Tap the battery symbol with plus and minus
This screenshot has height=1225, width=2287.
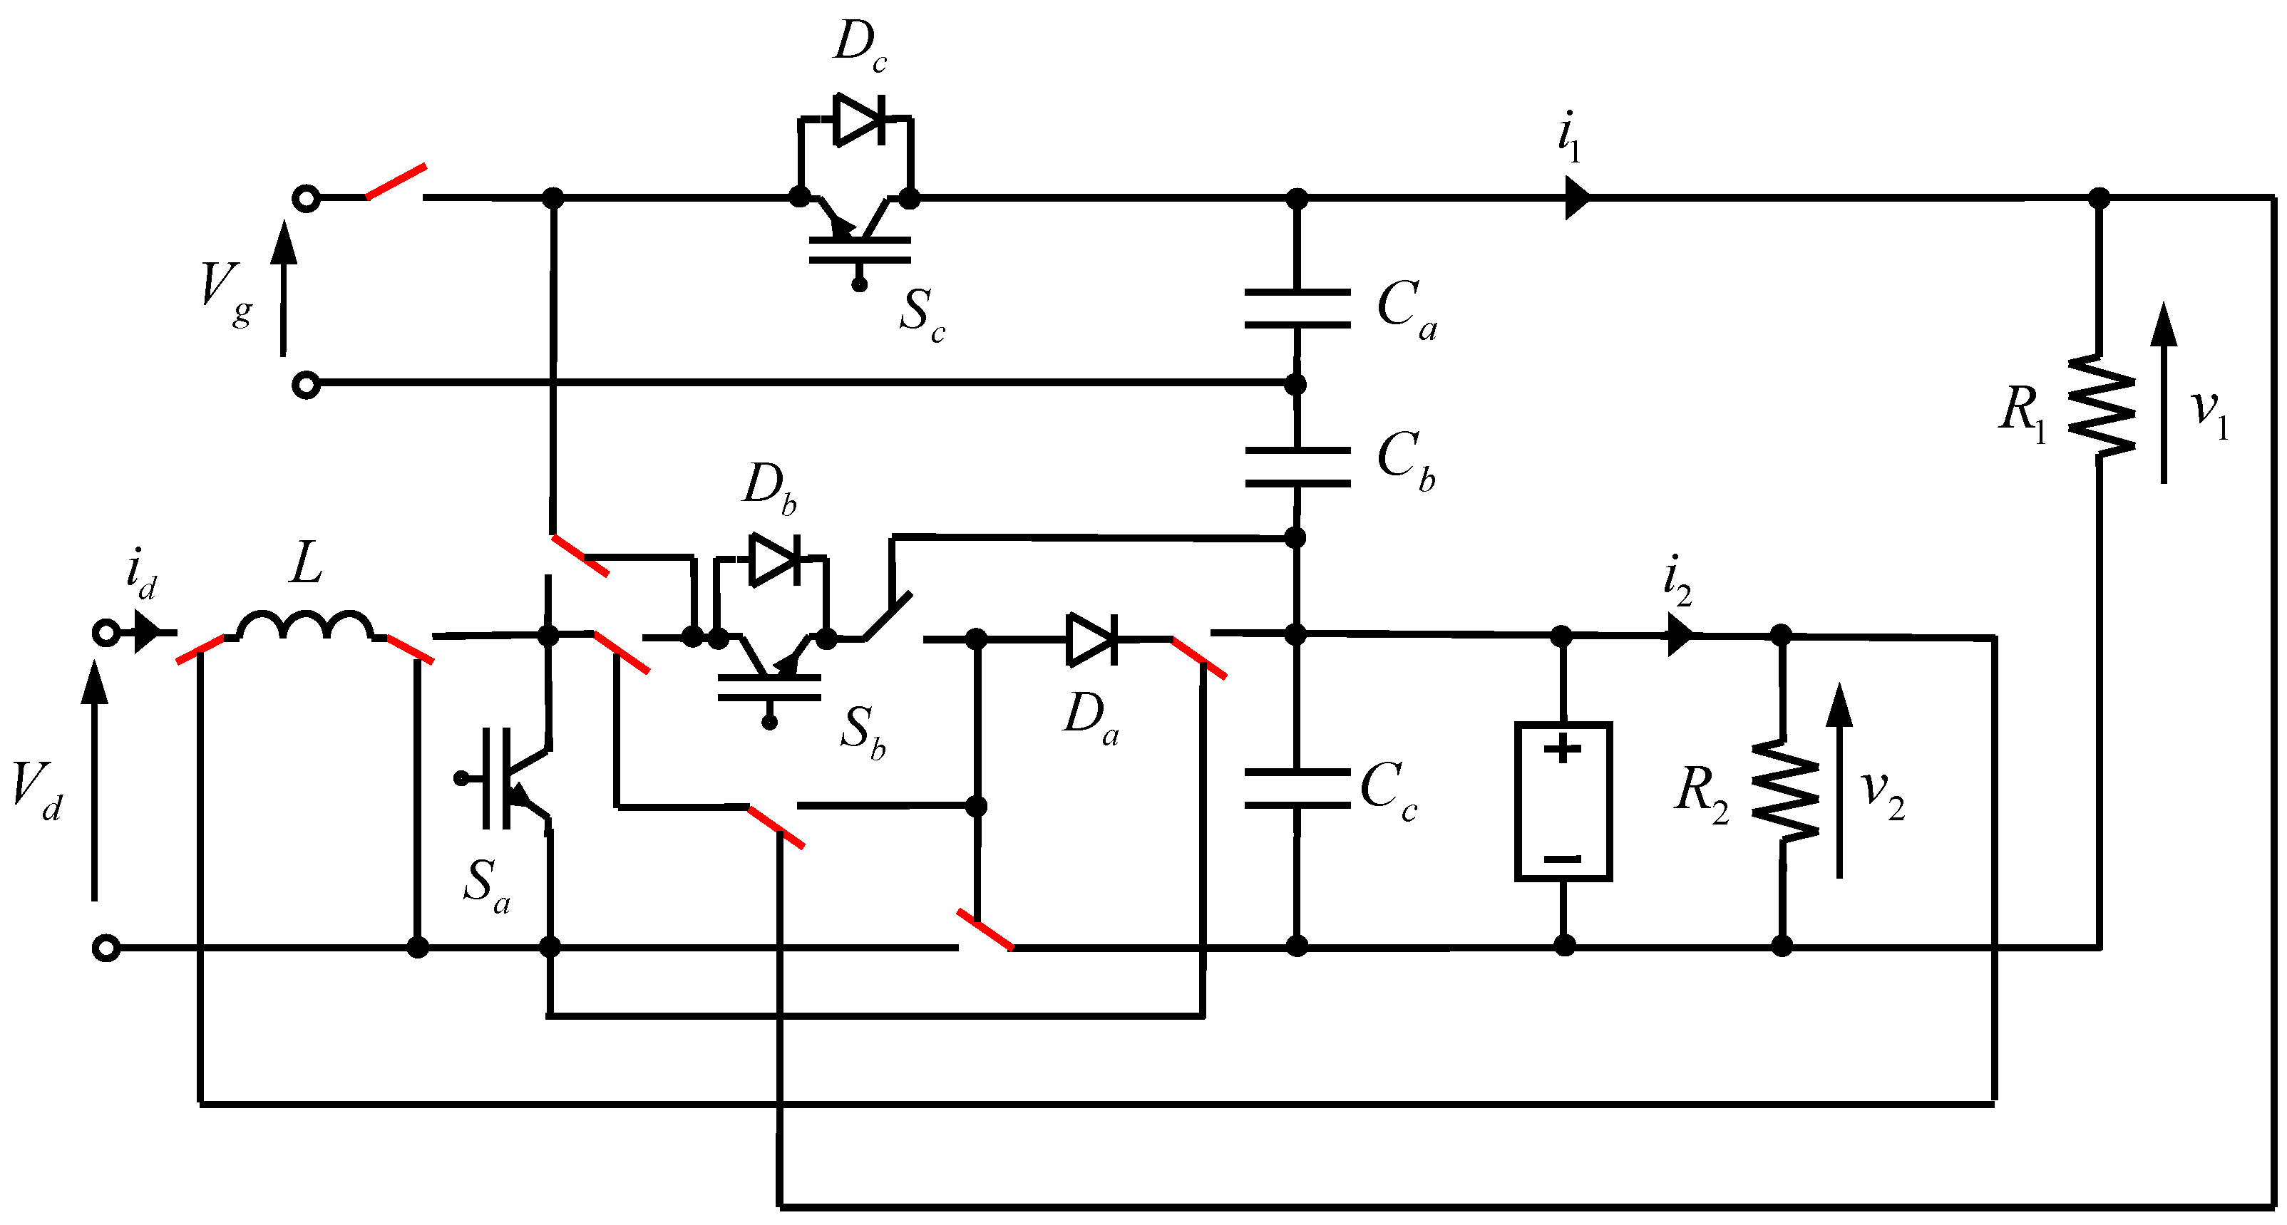(x=1563, y=802)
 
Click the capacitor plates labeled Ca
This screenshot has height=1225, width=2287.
(x=1297, y=308)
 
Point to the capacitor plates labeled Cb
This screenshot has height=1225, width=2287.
(x=1297, y=467)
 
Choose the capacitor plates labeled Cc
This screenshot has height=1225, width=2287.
(x=1297, y=788)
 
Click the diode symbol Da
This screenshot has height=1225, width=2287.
(x=1092, y=639)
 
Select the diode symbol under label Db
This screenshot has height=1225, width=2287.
(x=775, y=559)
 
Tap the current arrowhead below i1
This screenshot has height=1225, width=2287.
(x=1576, y=197)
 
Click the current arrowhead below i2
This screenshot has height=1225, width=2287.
(x=1679, y=636)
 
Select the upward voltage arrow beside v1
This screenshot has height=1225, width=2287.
(x=2164, y=391)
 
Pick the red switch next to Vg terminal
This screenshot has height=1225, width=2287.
(x=396, y=182)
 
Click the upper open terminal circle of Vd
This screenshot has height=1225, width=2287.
(x=106, y=633)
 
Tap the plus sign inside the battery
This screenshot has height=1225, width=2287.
(x=1563, y=748)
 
